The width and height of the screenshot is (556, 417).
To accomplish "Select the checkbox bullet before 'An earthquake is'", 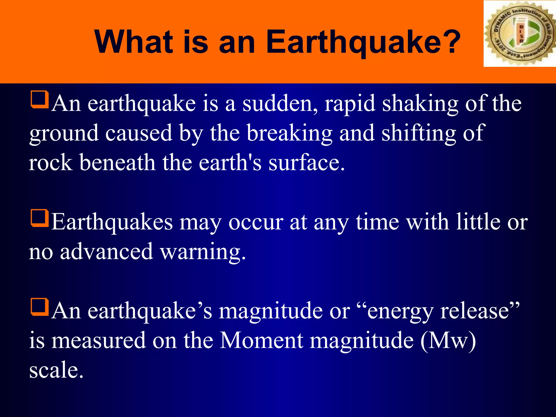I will pyautogui.click(x=40, y=100).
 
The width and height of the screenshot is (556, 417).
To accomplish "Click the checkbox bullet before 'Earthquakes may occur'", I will pyautogui.click(x=40, y=218).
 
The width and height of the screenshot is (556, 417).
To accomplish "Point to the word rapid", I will pyautogui.click(x=350, y=103).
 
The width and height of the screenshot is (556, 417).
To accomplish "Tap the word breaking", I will pyautogui.click(x=289, y=133).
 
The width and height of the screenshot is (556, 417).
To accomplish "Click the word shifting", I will pyautogui.click(x=418, y=133).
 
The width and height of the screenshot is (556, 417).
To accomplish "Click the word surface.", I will pyautogui.click(x=307, y=163).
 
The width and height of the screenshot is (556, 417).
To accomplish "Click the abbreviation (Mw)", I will pyautogui.click(x=448, y=340).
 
